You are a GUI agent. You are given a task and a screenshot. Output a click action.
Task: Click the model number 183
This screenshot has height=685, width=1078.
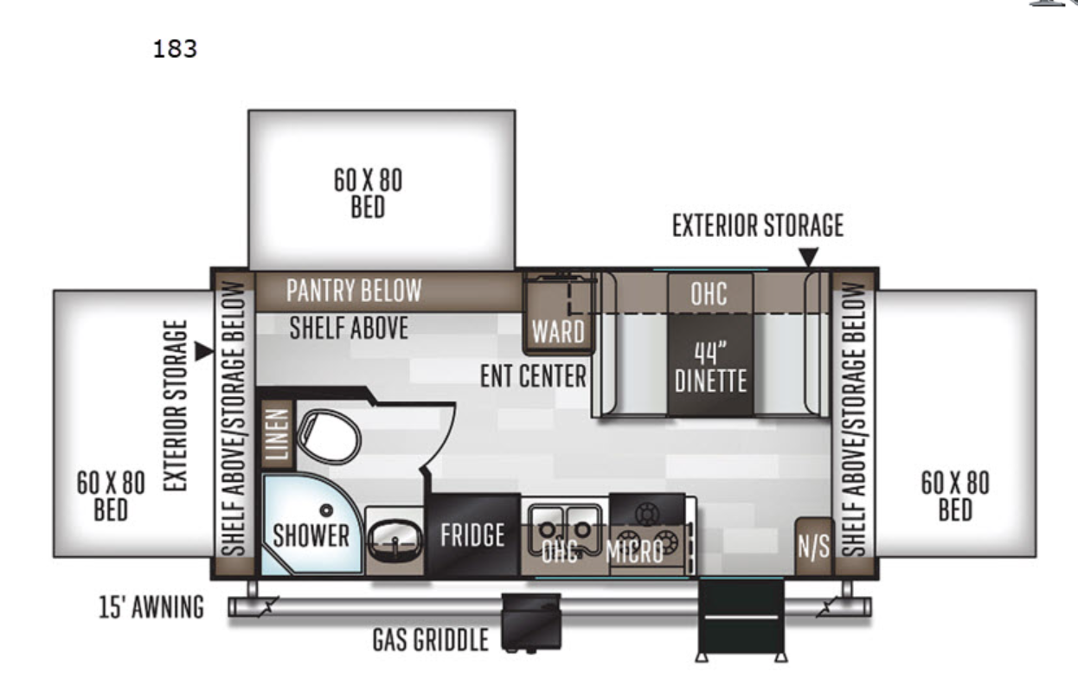click(x=175, y=49)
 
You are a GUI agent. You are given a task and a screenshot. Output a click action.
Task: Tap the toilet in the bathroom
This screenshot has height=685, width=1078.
click(x=330, y=437)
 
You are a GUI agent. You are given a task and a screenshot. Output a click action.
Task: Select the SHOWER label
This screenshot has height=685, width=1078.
click(x=311, y=535)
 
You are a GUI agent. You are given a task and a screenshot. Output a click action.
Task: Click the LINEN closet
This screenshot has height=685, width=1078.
click(x=278, y=434)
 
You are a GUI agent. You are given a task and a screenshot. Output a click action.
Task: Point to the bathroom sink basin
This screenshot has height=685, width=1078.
click(x=395, y=541)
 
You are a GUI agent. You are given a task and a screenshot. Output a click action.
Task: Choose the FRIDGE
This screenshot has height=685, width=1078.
click(x=472, y=535)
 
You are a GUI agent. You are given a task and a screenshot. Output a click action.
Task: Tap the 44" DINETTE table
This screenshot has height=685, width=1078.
click(x=710, y=365)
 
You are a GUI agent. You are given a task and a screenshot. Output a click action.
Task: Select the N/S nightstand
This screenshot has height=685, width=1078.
click(x=813, y=547)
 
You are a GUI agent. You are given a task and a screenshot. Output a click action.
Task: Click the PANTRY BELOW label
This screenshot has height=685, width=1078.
click(x=354, y=290)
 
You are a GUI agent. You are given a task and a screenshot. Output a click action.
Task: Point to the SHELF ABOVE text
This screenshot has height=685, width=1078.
click(x=349, y=328)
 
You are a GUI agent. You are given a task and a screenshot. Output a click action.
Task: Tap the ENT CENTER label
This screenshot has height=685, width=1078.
click(x=533, y=376)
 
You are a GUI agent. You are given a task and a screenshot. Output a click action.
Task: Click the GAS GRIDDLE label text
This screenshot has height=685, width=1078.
click(x=431, y=640)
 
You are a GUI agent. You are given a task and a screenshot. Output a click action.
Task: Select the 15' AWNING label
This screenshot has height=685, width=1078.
click(x=151, y=606)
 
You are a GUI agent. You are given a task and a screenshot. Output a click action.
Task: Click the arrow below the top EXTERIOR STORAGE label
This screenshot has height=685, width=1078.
click(x=808, y=257)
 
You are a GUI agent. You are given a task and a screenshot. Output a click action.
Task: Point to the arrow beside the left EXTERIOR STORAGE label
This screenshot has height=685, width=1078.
click(x=204, y=351)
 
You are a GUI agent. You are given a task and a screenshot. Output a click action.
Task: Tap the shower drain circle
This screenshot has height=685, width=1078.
click(x=326, y=510)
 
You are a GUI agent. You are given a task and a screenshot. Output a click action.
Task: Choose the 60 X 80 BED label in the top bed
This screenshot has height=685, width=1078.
click(x=369, y=194)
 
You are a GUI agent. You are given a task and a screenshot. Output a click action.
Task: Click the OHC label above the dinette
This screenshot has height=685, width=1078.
click(x=709, y=293)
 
